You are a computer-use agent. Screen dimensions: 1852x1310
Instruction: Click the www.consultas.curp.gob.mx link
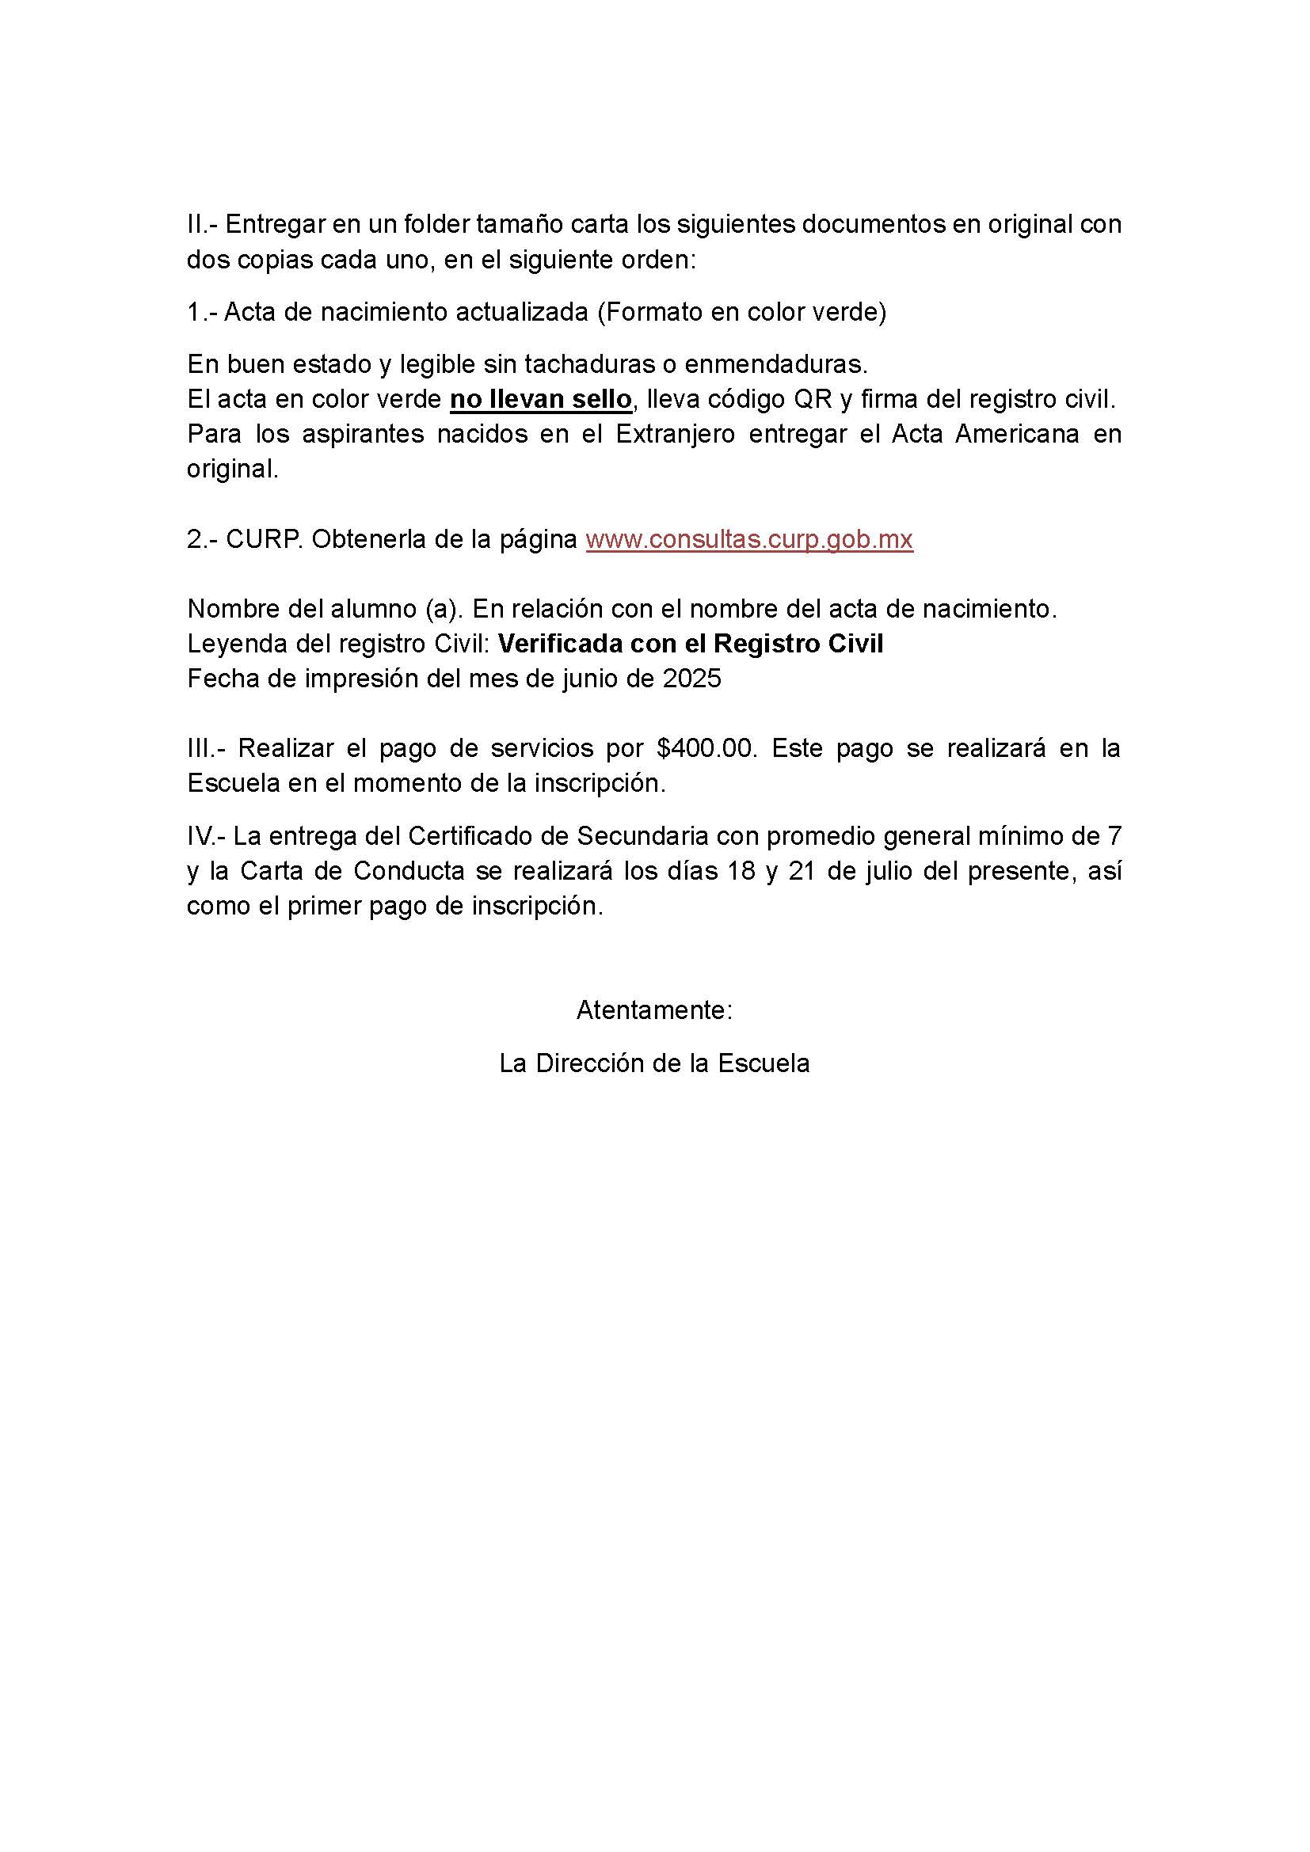click(x=748, y=539)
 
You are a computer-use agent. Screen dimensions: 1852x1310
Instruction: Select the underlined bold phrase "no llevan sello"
click(x=540, y=399)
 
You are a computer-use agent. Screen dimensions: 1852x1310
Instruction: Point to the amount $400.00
click(x=706, y=748)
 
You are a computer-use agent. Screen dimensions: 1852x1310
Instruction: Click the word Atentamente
click(x=653, y=1010)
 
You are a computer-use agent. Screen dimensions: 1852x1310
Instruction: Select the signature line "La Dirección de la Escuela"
click(x=654, y=1063)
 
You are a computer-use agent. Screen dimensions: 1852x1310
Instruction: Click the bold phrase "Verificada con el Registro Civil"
click(x=691, y=644)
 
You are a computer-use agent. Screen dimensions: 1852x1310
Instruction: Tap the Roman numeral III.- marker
click(x=206, y=748)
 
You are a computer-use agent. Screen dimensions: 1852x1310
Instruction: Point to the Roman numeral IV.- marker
click(x=206, y=836)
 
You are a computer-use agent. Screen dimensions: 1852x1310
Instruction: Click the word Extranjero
click(x=675, y=434)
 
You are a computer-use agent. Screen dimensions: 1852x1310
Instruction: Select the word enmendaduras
click(x=775, y=364)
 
